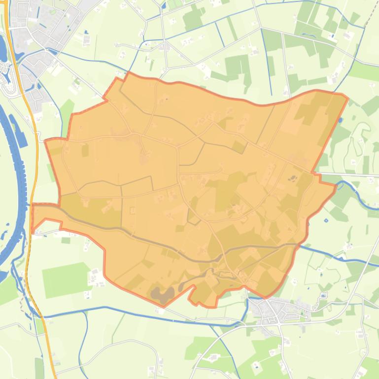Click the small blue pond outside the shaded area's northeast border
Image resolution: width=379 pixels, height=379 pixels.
(341, 120)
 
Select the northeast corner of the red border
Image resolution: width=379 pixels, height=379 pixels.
(348, 97)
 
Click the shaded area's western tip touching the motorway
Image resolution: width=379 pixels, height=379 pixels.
(33, 217)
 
